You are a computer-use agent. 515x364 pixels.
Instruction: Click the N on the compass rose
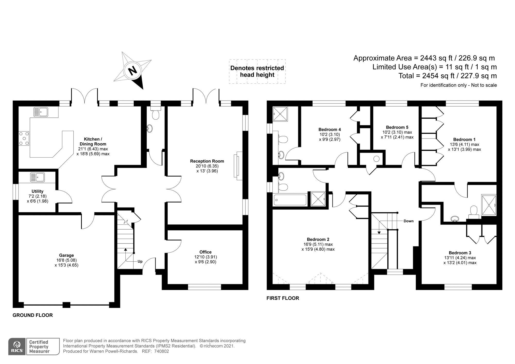tap(133, 70)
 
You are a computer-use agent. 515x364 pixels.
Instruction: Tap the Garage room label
tap(66, 255)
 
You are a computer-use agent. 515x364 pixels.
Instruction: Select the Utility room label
tap(38, 191)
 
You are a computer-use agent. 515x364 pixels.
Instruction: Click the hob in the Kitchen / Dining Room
tap(24, 138)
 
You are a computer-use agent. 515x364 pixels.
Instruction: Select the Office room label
tap(205, 252)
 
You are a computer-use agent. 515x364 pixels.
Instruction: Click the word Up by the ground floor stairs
tap(140, 262)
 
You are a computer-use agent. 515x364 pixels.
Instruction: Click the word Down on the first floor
tap(409, 221)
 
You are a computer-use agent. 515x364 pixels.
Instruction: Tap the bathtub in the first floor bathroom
tap(290, 200)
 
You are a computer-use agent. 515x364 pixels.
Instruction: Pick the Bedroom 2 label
tap(318, 239)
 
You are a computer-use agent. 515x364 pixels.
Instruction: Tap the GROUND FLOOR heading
tap(33, 315)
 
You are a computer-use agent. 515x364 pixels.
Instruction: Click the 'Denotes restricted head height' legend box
tap(257, 72)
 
